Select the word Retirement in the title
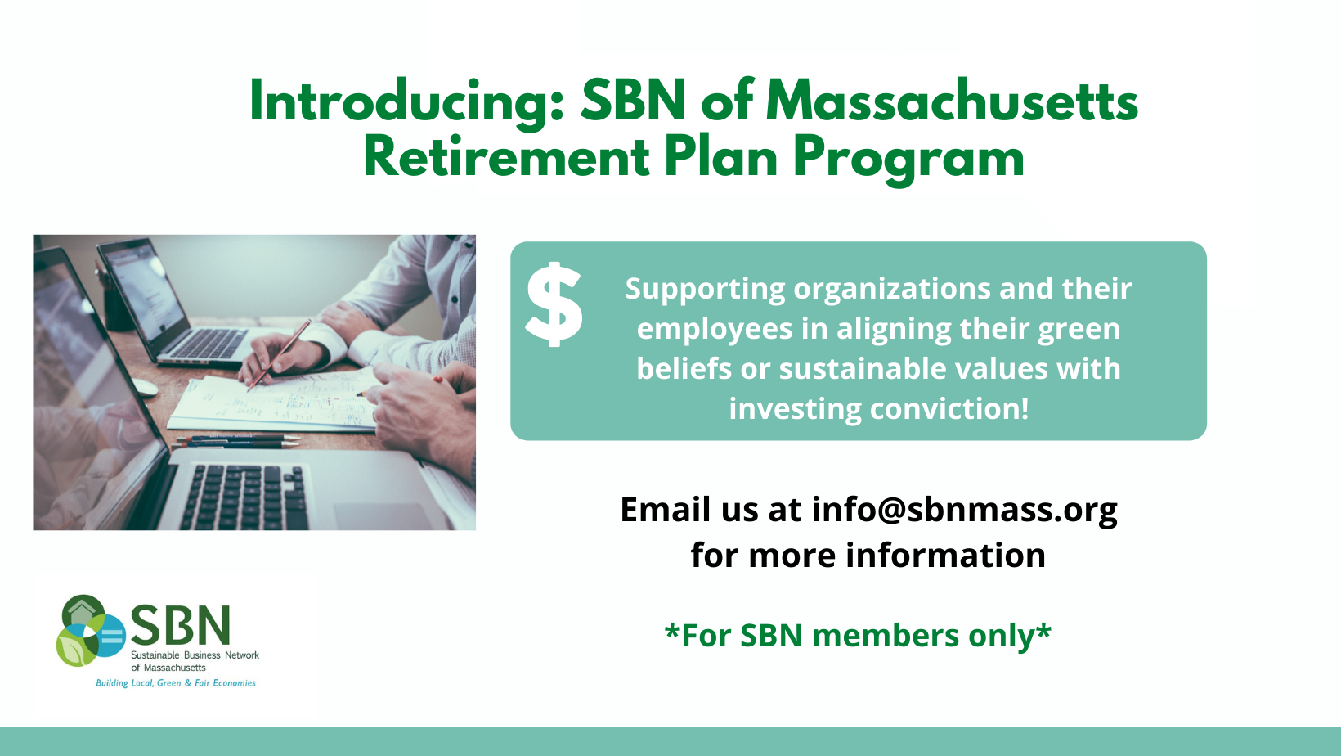506,157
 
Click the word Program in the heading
908,157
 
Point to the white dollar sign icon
554,304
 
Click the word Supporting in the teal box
705,289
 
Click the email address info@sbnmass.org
964,509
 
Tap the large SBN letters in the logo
181,626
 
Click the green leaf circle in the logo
75,648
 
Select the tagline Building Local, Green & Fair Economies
176,683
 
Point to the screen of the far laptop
144,290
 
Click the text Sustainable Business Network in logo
195,655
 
